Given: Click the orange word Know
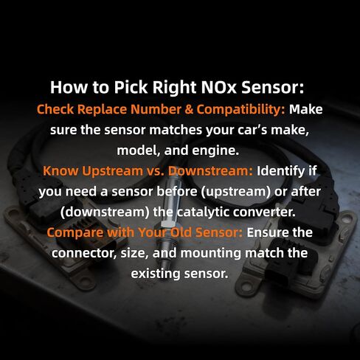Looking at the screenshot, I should point(61,170).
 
